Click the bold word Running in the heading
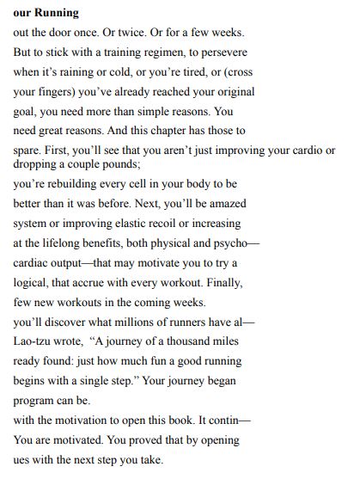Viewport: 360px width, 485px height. tap(57, 13)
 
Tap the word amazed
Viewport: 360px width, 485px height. tap(226, 203)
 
